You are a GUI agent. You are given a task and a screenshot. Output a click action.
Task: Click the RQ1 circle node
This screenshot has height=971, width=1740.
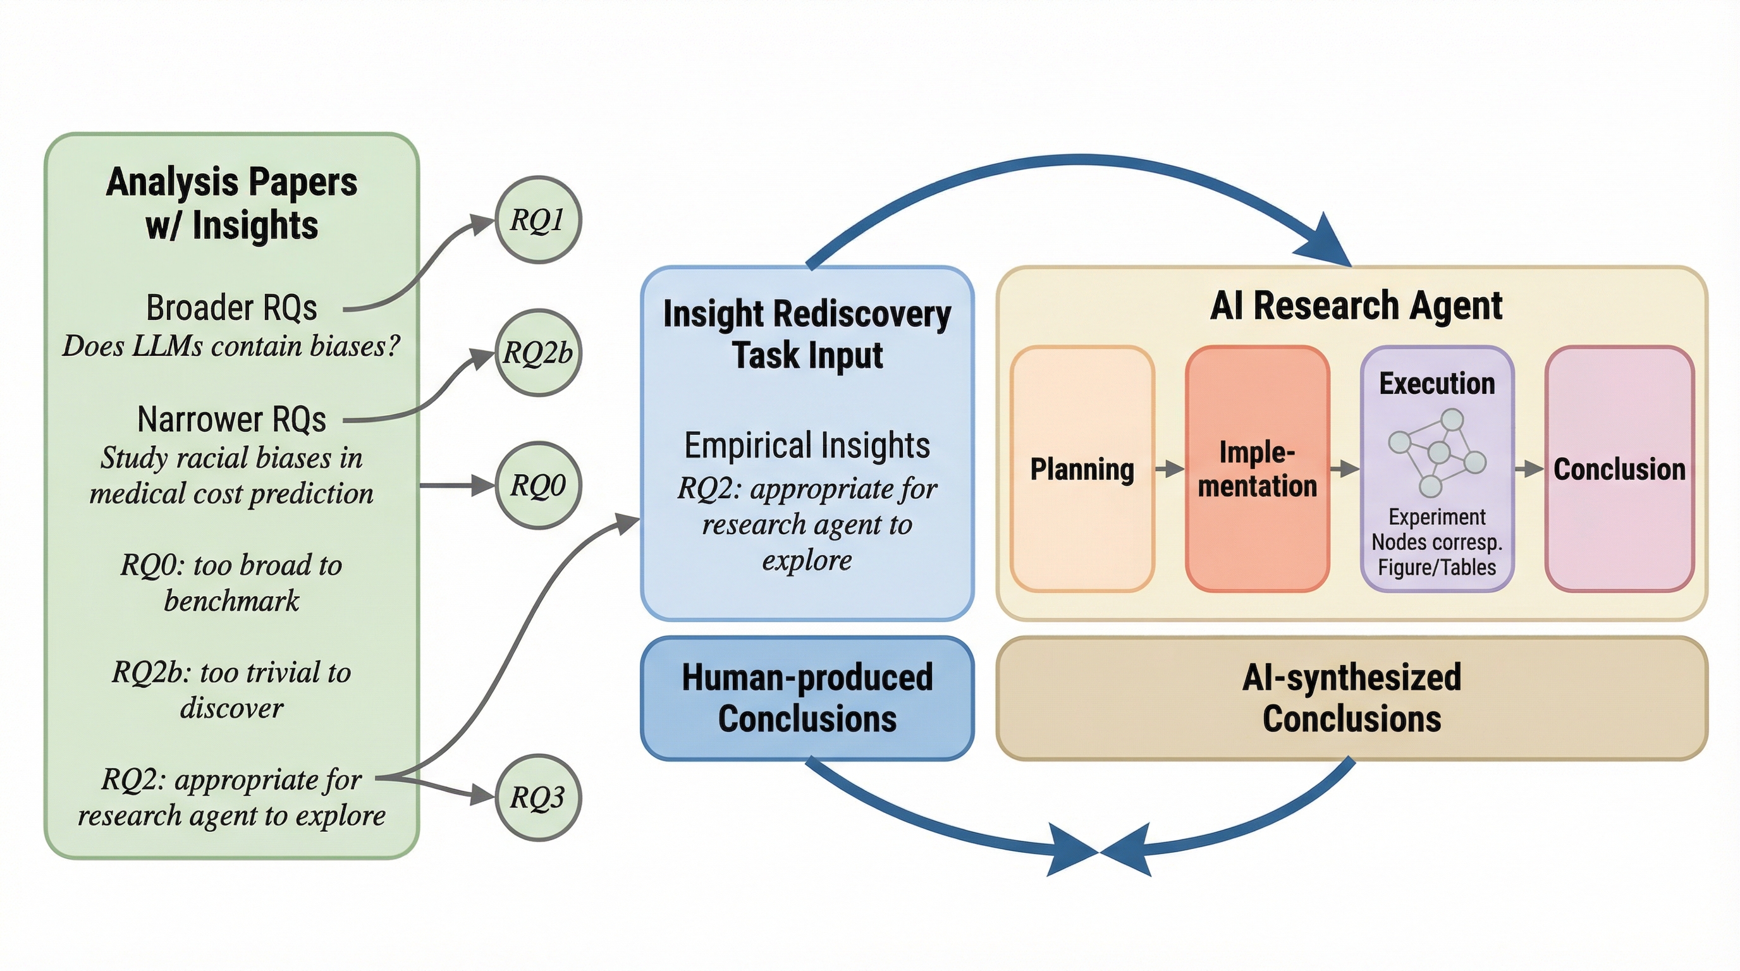[x=537, y=219]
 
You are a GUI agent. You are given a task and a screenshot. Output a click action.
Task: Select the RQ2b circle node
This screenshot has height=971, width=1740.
[x=537, y=353]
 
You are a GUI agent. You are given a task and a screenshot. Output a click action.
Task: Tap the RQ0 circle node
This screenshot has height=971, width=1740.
[x=537, y=485]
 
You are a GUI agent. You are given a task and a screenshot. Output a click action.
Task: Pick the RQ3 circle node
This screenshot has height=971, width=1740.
[x=537, y=797]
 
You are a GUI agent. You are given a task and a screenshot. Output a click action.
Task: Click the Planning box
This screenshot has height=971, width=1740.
[x=1082, y=469]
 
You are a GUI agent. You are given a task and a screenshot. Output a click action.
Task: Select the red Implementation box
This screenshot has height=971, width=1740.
[x=1257, y=469]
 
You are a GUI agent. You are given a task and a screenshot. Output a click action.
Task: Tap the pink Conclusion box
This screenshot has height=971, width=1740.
[x=1619, y=469]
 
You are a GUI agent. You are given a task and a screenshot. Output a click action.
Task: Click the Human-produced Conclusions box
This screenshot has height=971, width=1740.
[x=807, y=698]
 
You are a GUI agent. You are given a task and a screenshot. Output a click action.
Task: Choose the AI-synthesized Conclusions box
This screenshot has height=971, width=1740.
[x=1352, y=698]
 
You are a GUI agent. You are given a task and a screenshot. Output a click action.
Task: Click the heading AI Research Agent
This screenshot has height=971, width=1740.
[x=1356, y=305]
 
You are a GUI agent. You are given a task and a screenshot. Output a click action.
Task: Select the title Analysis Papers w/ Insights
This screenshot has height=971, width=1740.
[x=231, y=204]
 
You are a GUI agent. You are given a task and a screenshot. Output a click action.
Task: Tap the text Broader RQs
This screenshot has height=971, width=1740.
[x=231, y=308]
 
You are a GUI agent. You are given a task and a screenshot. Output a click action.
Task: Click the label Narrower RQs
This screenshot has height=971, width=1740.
[x=231, y=419]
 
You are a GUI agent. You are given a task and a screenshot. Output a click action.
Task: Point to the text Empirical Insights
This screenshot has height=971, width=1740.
[x=807, y=446]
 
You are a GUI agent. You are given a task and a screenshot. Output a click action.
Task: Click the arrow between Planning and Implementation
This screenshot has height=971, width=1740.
[x=1170, y=468]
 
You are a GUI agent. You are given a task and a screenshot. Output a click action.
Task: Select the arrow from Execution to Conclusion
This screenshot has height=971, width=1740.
[x=1529, y=468]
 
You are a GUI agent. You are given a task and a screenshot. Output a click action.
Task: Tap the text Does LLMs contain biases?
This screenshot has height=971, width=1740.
[x=231, y=346]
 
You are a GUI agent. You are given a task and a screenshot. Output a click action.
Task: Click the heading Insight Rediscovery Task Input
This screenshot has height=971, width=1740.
[x=807, y=334]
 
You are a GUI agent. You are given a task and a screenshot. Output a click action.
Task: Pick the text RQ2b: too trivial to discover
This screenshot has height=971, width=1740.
[x=231, y=690]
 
